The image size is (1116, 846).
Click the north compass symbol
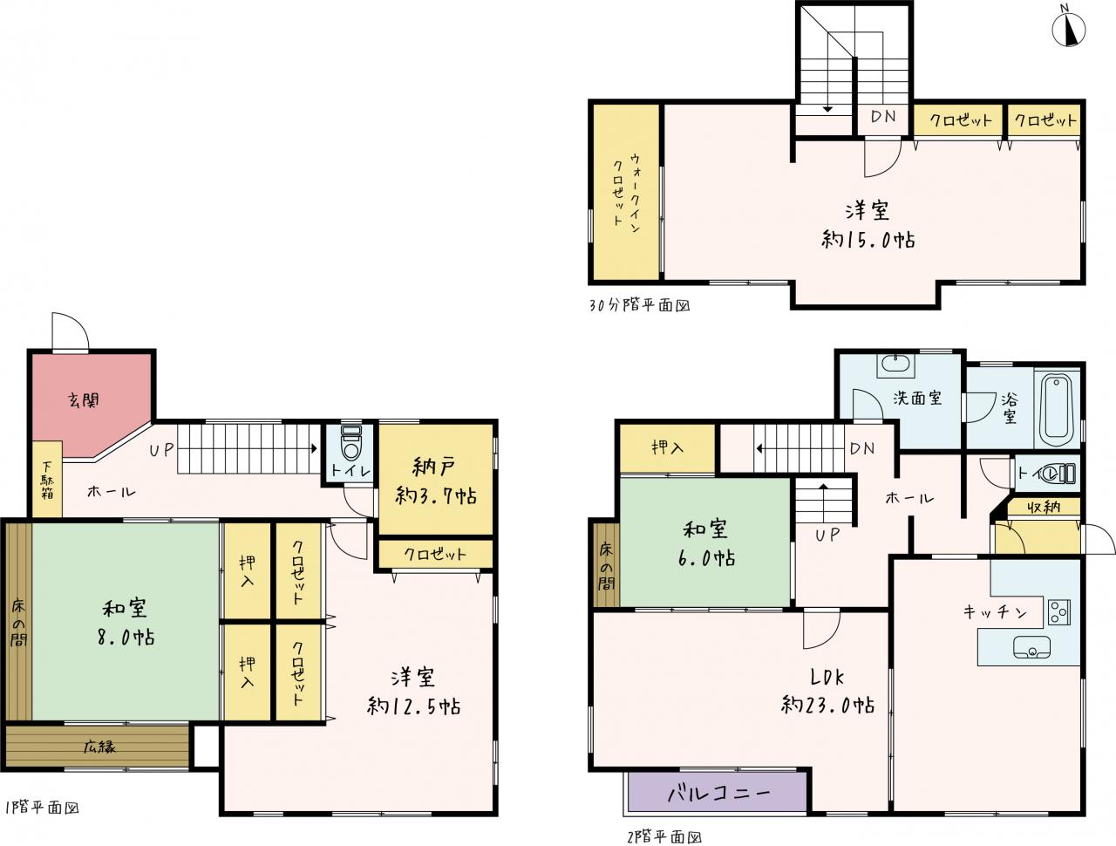1068,29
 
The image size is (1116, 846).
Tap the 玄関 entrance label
84,400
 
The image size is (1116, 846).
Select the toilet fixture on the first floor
350,442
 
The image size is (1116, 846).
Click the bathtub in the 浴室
1056,410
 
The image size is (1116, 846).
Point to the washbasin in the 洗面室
895,365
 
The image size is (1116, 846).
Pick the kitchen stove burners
1059,612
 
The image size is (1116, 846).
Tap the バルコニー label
718,793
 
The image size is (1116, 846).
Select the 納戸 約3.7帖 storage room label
436,481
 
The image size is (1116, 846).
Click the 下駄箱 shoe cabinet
47,479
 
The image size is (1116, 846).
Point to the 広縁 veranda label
99,747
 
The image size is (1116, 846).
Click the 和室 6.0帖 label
706,543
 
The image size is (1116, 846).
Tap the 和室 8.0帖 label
126,623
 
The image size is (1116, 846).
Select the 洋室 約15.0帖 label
868,225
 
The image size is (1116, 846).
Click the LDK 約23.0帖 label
827,691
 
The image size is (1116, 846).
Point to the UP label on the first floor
161,449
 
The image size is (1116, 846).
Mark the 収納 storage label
1043,507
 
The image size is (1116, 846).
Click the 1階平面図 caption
42,808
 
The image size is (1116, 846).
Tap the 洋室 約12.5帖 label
413,692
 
